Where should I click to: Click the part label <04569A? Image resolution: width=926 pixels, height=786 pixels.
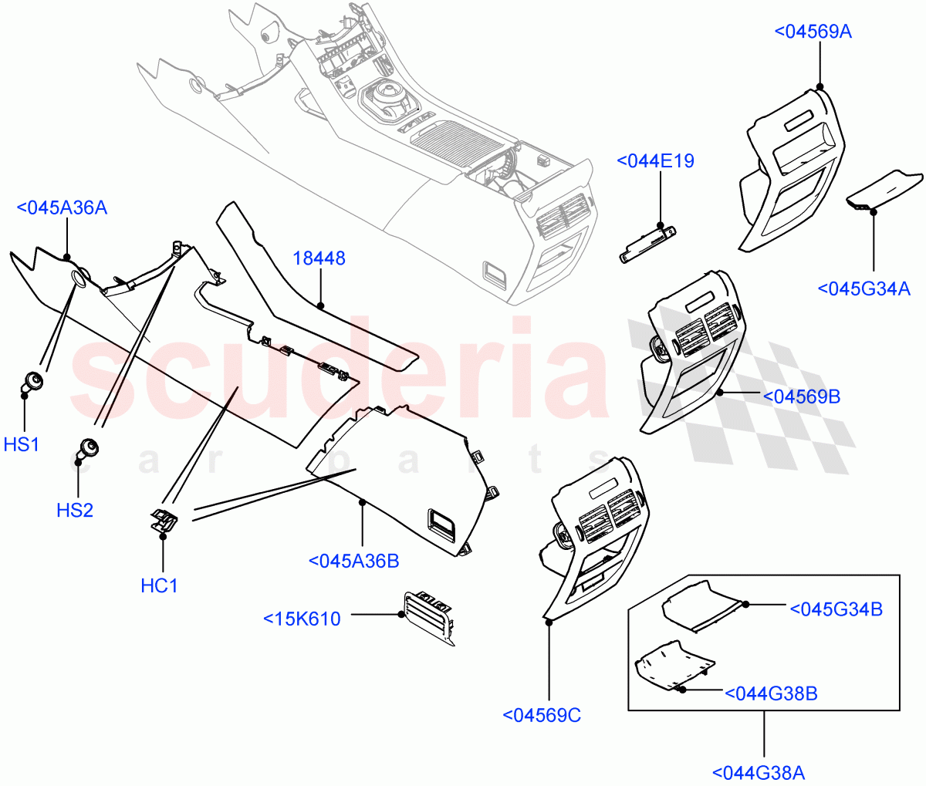[x=813, y=32]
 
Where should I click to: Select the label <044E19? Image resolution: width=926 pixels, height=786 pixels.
[x=655, y=161]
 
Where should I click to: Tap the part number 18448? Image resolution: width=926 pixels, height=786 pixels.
[x=319, y=258]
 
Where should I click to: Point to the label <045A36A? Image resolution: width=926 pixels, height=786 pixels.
[x=62, y=207]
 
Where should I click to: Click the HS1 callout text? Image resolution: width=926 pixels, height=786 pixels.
[x=22, y=444]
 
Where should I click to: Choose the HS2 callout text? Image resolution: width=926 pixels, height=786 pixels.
[x=75, y=510]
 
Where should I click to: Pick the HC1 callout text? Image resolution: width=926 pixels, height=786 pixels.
[x=159, y=585]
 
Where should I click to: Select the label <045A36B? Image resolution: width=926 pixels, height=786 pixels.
[x=353, y=561]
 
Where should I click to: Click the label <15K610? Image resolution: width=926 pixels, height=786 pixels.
[x=302, y=619]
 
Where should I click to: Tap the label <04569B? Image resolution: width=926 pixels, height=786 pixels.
[x=801, y=396]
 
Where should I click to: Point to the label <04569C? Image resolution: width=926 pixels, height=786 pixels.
[x=542, y=715]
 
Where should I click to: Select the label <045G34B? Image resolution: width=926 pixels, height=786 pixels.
[x=836, y=609]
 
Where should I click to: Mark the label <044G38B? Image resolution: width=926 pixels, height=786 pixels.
[x=771, y=693]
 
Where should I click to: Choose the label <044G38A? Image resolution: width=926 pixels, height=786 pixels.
[x=758, y=772]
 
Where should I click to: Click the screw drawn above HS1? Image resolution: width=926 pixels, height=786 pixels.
[x=32, y=380]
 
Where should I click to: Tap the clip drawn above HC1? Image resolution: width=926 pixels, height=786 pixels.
[x=164, y=521]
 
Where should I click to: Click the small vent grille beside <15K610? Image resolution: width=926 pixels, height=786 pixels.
[x=427, y=615]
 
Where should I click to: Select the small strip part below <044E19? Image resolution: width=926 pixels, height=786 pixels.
[x=647, y=244]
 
